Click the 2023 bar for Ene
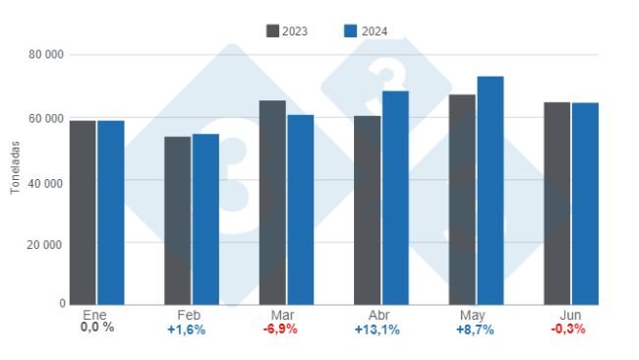coord(83,212)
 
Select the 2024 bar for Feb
coord(205,219)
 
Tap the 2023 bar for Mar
coord(272,202)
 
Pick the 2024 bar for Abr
coord(395,198)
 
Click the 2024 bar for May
coord(491,190)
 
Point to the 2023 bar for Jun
coord(557,203)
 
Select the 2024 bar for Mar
coord(301,210)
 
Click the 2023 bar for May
coord(462,199)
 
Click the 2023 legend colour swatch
coord(272,31)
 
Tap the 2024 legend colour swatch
coord(350,31)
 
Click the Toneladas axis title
coord(16,166)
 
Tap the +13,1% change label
coord(378,330)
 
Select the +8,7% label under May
coord(475,330)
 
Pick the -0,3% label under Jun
coord(567,330)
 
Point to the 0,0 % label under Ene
coord(96,328)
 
